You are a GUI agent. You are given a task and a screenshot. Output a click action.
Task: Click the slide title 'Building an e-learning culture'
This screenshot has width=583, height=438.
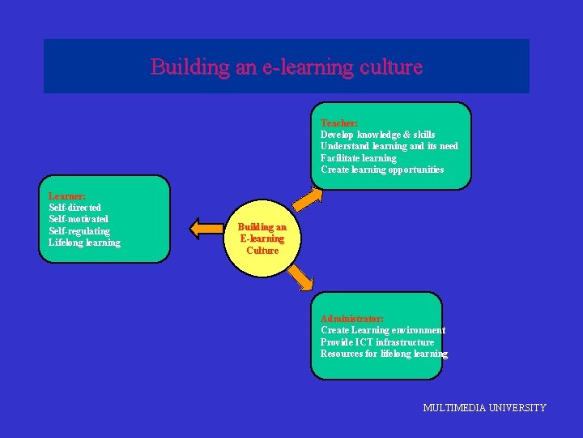[287, 67]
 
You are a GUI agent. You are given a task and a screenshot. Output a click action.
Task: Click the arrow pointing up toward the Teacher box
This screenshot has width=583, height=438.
[307, 198]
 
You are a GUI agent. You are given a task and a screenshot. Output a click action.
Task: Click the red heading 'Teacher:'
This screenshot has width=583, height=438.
[339, 122]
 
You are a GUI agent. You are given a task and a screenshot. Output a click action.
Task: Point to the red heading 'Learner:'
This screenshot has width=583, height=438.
[67, 195]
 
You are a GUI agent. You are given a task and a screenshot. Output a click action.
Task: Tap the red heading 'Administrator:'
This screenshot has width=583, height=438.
[352, 319]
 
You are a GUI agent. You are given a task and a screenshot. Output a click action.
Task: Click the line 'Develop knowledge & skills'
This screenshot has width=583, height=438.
[377, 135]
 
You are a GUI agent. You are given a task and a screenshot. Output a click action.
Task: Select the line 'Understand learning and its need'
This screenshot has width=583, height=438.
[389, 146]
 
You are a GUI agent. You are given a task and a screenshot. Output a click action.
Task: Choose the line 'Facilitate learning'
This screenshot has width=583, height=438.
[359, 158]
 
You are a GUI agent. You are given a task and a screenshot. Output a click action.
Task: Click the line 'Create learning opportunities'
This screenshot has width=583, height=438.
[382, 170]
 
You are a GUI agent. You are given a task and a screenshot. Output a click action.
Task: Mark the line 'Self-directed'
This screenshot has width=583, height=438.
[74, 208]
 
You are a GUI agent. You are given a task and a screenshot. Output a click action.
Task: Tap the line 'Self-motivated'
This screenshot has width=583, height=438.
[79, 219]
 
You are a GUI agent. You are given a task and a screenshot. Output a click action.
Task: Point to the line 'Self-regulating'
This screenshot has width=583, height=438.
[79, 231]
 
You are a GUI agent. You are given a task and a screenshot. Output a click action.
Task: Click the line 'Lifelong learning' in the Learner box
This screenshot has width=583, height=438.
[84, 243]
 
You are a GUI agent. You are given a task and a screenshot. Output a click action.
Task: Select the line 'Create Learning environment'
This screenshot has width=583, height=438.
[383, 330]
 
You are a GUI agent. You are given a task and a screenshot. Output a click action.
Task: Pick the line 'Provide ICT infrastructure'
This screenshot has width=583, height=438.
[377, 342]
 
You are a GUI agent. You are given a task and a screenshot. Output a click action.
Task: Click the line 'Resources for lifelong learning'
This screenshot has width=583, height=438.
[384, 354]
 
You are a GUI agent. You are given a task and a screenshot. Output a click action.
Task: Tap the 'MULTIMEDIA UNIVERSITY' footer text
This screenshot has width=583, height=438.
[484, 408]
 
